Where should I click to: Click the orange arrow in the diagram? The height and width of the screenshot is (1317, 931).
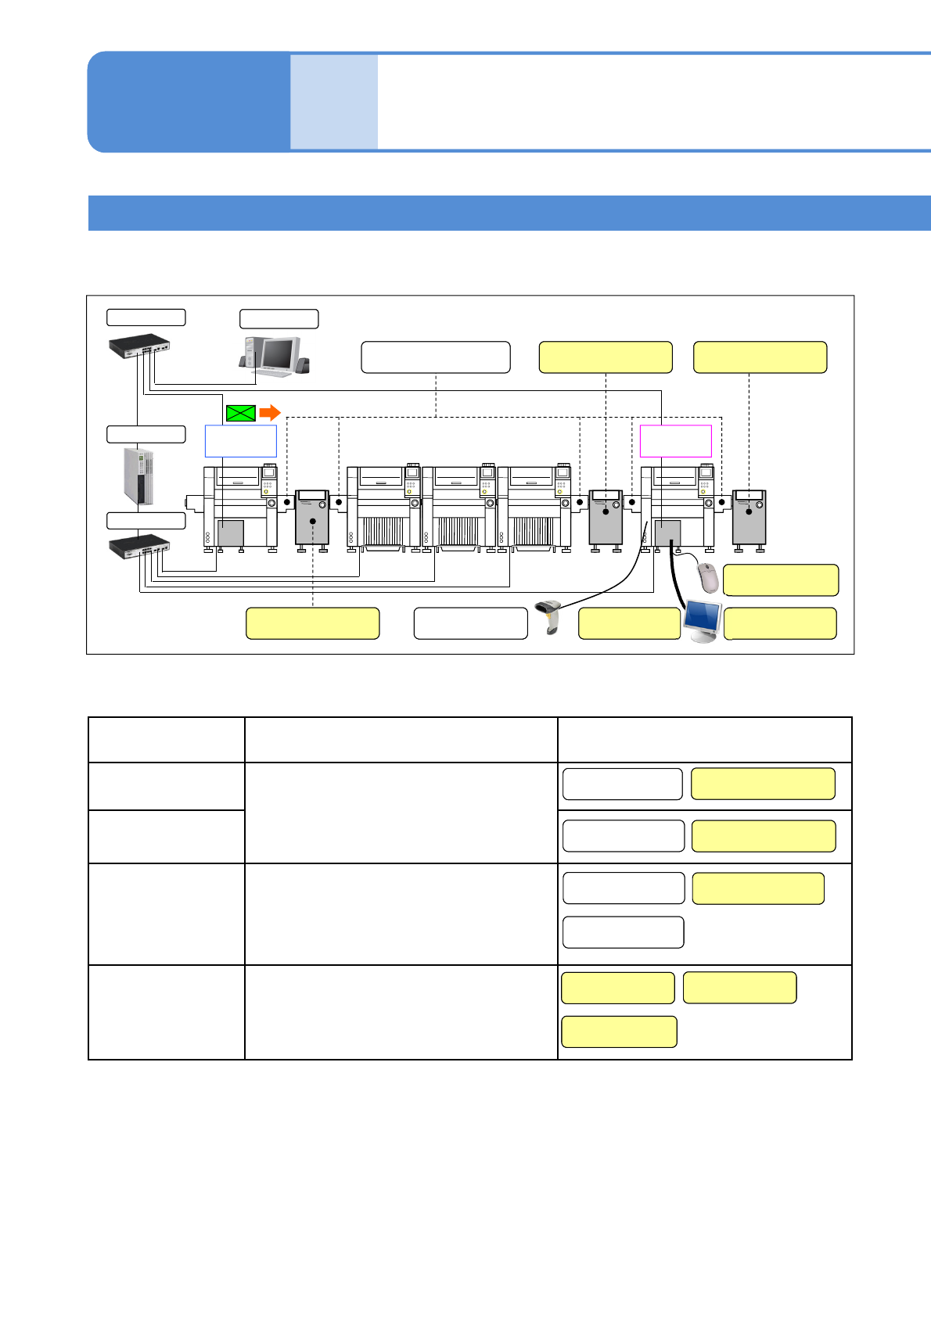pyautogui.click(x=270, y=413)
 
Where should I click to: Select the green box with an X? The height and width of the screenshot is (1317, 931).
pyautogui.click(x=241, y=413)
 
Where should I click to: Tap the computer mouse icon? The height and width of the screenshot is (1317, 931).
pyautogui.click(x=708, y=578)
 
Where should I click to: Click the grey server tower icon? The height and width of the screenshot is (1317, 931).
pyautogui.click(x=138, y=476)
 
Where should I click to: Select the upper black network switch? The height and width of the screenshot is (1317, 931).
pyautogui.click(x=139, y=346)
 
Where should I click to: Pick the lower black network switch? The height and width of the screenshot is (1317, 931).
pyautogui.click(x=139, y=545)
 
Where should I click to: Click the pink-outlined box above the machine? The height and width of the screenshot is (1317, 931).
pyautogui.click(x=675, y=441)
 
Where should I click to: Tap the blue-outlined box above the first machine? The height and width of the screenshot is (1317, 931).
pyautogui.click(x=240, y=441)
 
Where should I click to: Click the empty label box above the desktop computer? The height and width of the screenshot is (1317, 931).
pyautogui.click(x=279, y=319)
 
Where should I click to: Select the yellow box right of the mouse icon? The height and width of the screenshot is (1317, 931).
pyautogui.click(x=781, y=580)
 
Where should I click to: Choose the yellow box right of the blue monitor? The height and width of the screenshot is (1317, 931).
pyautogui.click(x=780, y=623)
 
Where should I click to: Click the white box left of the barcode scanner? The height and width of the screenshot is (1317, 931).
pyautogui.click(x=471, y=623)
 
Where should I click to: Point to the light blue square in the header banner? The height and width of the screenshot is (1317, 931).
pyautogui.click(x=334, y=102)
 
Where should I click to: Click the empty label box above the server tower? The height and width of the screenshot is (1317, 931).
pyautogui.click(x=146, y=434)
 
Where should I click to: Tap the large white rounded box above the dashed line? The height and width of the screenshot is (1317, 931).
pyautogui.click(x=436, y=357)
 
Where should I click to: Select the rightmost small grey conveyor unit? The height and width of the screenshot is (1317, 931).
pyautogui.click(x=749, y=518)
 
